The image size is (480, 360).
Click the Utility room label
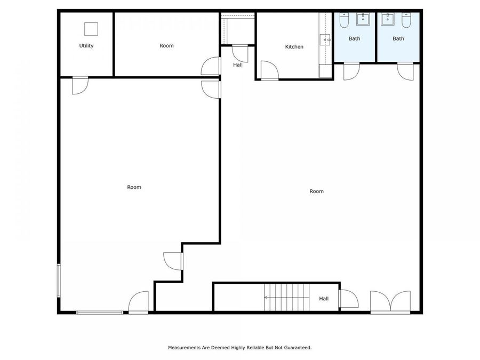(x=86, y=46)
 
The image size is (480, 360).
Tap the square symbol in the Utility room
(x=91, y=29)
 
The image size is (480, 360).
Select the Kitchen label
(x=294, y=47)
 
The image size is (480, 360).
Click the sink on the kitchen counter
(x=325, y=39)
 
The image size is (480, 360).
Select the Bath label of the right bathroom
(x=398, y=38)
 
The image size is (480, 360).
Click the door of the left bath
(x=350, y=71)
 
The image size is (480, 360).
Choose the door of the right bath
(x=406, y=71)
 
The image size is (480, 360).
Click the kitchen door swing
(x=269, y=70)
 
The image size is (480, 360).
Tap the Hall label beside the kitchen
(x=238, y=65)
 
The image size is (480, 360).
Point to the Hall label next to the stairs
(x=324, y=299)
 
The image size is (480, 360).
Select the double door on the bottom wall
(x=390, y=302)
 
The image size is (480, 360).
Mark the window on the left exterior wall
(x=59, y=279)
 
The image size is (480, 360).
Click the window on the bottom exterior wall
(x=99, y=312)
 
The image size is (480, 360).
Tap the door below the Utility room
(x=80, y=85)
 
